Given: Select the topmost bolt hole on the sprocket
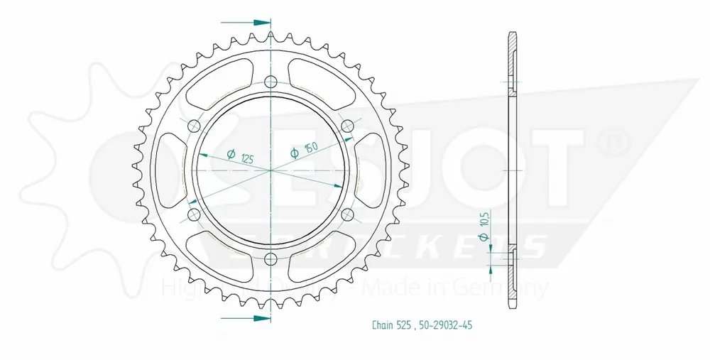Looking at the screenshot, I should coord(271,82).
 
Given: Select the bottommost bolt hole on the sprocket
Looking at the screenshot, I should coord(271,259).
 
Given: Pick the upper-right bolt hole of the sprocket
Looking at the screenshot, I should coord(347,126).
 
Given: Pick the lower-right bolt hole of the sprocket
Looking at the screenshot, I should coord(347,214).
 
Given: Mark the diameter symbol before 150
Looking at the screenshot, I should coord(294,154).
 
